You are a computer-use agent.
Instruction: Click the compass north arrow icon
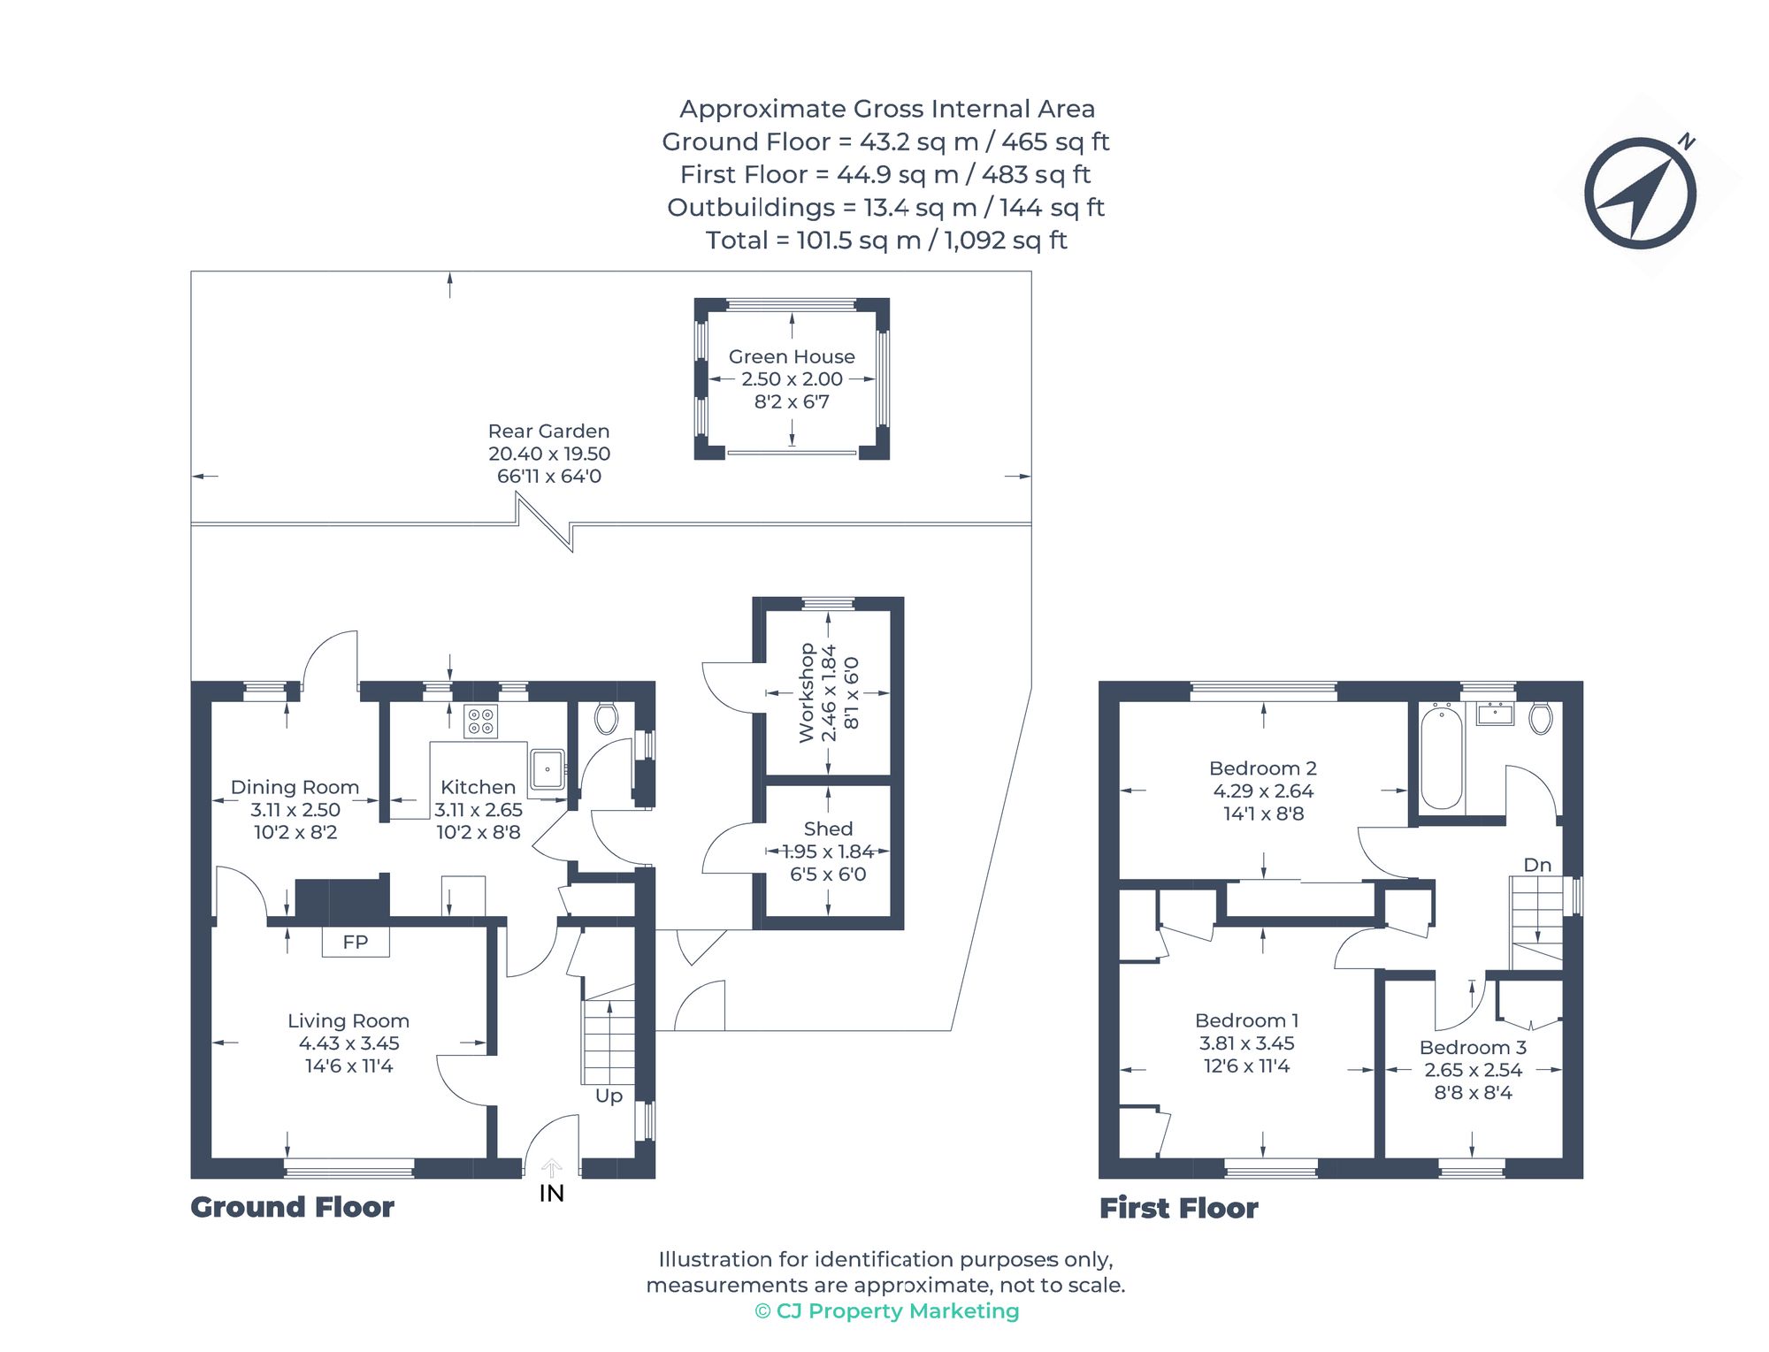point(1640,193)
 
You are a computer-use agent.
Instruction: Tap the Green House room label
point(792,356)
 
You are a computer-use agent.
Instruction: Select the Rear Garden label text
point(548,432)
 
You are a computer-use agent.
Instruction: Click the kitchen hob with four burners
point(480,722)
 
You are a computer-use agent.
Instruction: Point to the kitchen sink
point(547,769)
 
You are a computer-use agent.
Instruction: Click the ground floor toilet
point(606,718)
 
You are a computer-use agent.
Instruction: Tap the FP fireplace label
point(355,943)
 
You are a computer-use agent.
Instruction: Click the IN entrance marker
point(551,1193)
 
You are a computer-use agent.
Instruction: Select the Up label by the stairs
point(609,1096)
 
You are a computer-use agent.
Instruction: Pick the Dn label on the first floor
point(1537,865)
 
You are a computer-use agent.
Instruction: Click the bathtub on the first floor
point(1441,757)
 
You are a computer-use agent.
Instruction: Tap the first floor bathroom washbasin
point(1495,714)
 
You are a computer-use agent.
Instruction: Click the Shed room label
point(828,829)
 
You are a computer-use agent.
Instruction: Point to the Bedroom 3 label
point(1473,1048)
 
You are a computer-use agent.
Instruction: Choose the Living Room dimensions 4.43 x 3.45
point(348,1043)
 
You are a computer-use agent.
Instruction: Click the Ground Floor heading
point(292,1207)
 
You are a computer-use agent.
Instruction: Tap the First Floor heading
point(1178,1208)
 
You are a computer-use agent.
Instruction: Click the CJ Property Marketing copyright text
point(887,1310)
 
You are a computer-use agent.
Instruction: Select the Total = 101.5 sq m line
point(885,241)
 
